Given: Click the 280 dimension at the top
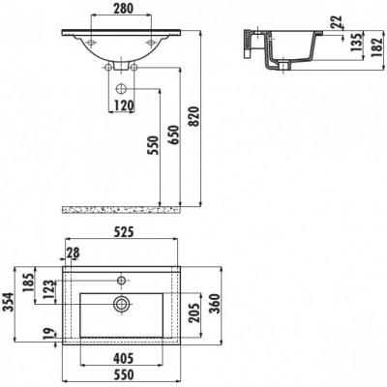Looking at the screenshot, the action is pos(123,9).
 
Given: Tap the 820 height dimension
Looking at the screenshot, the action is pos(195,116).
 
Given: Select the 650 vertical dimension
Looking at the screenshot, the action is pos(173,135).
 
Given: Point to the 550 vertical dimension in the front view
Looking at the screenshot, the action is pos(154,145).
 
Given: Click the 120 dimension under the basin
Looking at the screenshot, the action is pos(123,105).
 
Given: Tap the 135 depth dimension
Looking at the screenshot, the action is pos(356,42).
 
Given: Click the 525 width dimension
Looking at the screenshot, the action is pos(123,232).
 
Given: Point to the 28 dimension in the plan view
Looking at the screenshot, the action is pos(73,253).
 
